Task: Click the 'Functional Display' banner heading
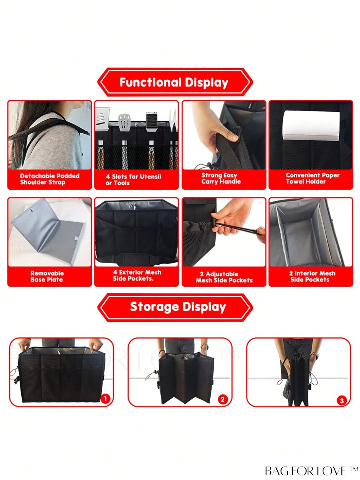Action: [174, 82]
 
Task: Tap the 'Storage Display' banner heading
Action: [178, 307]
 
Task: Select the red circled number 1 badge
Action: [105, 398]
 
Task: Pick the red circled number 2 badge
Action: [223, 399]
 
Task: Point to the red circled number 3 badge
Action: [342, 400]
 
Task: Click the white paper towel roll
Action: [311, 126]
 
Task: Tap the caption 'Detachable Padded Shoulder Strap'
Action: [50, 179]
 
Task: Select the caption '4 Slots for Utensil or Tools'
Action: [133, 180]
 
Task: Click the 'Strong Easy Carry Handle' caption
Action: [221, 178]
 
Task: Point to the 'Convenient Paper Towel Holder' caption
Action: [313, 178]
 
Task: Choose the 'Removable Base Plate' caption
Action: [47, 276]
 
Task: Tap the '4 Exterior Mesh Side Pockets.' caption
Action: [137, 276]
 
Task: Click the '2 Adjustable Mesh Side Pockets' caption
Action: [224, 277]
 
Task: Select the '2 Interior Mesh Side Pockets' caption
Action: [312, 276]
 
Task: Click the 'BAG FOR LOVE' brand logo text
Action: [312, 471]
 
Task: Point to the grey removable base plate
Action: [48, 232]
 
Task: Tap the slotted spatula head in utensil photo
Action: [125, 122]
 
